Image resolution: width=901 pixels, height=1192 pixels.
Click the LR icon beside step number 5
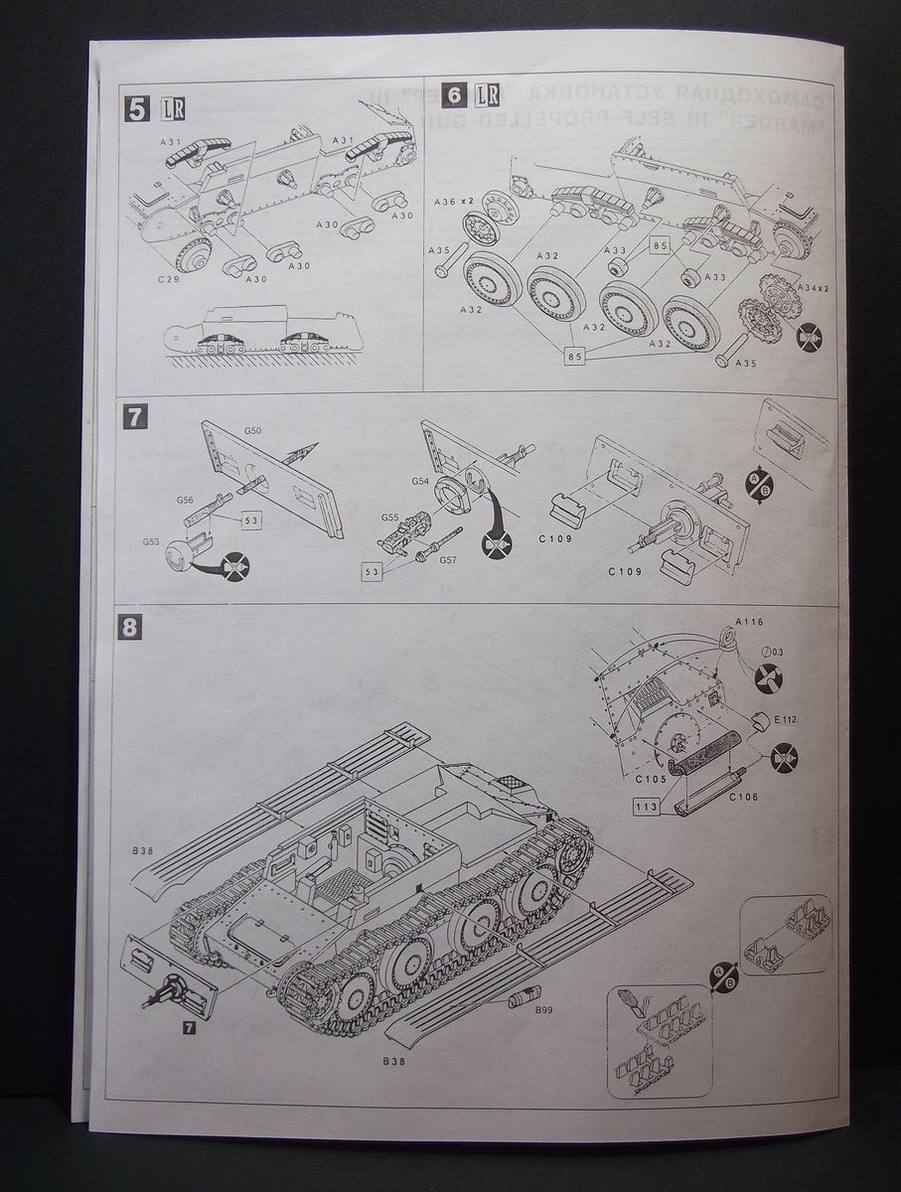point(171,107)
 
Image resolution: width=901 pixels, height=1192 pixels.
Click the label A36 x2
point(453,202)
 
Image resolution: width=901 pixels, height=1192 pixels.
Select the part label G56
point(185,502)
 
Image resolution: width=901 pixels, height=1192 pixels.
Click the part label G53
point(151,541)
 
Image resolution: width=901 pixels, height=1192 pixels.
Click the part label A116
point(749,622)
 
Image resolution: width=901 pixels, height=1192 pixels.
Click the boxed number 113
point(647,807)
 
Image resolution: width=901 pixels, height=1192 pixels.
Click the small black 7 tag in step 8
point(189,1027)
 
